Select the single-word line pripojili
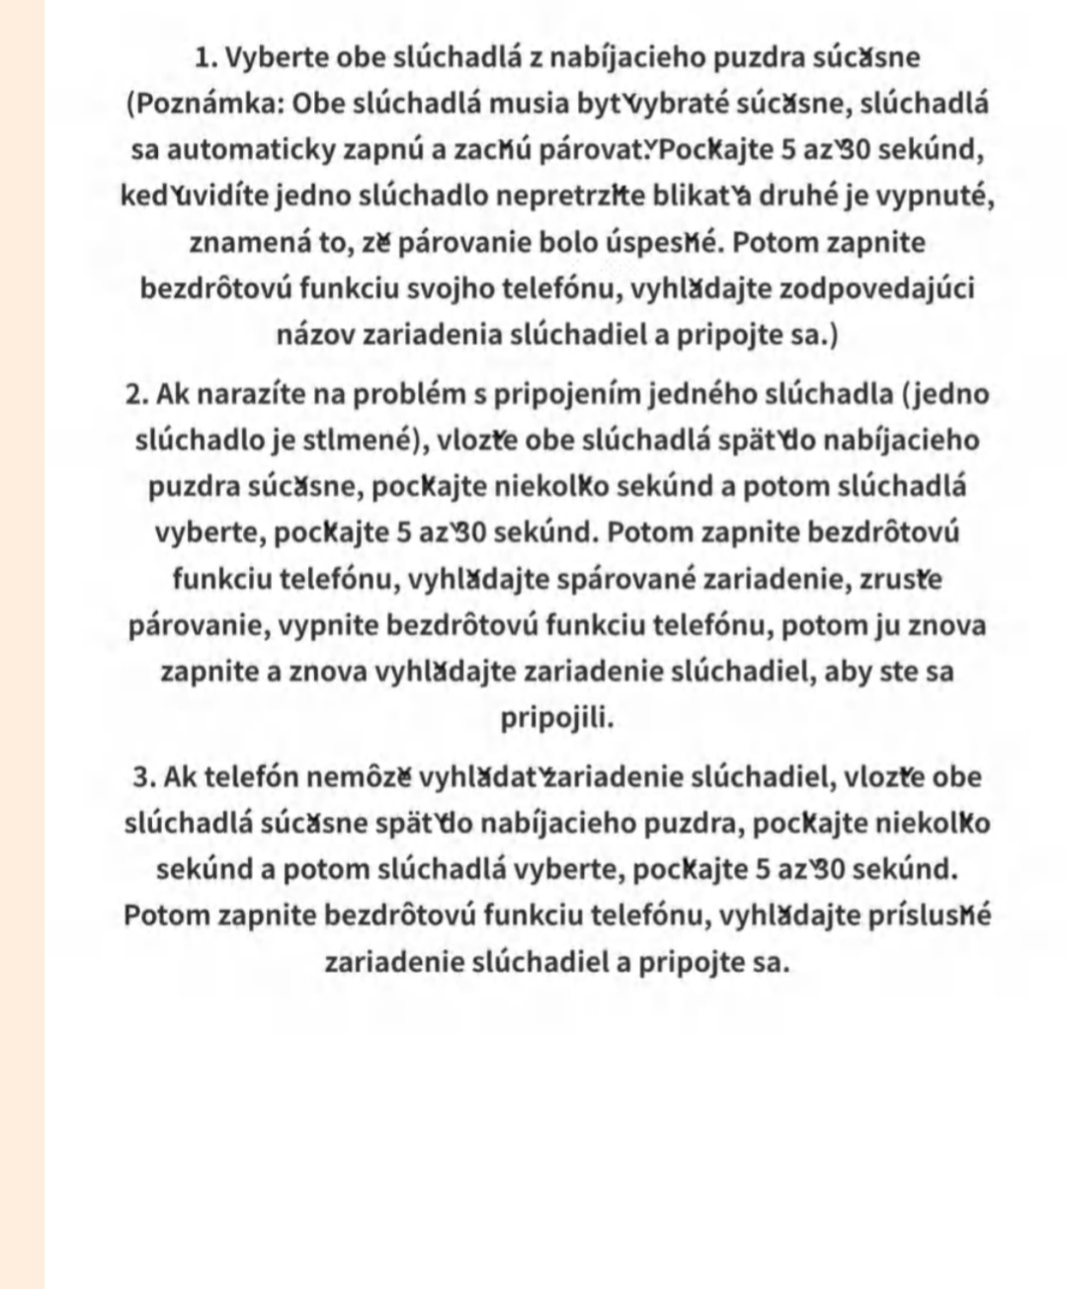tap(556, 717)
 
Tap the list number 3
tap(144, 777)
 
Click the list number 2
tap(137, 394)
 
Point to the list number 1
tap(205, 57)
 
